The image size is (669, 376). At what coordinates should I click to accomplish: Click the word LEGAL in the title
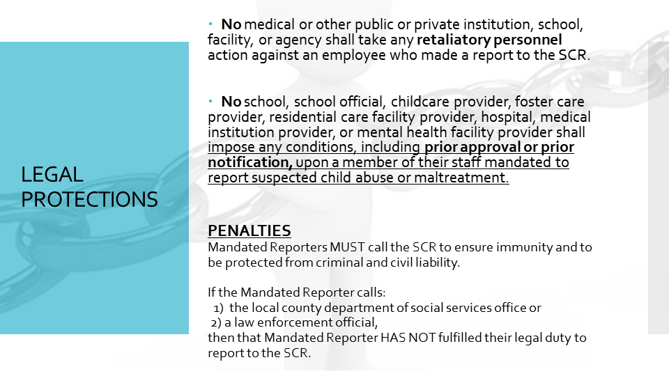(52, 175)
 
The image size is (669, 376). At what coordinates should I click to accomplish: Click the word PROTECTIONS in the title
(90, 200)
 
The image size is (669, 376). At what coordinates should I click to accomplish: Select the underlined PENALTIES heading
(249, 231)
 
